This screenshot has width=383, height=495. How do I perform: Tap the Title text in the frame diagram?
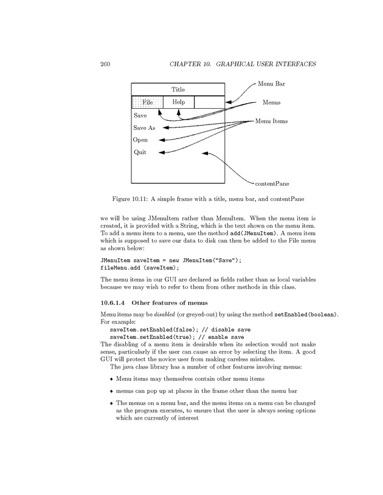178,89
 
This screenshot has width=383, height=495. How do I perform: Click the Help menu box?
179,102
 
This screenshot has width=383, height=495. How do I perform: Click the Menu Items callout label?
271,121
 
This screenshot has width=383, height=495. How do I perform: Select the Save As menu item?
144,128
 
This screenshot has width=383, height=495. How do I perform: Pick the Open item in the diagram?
140,140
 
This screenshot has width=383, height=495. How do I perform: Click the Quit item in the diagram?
140,152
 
